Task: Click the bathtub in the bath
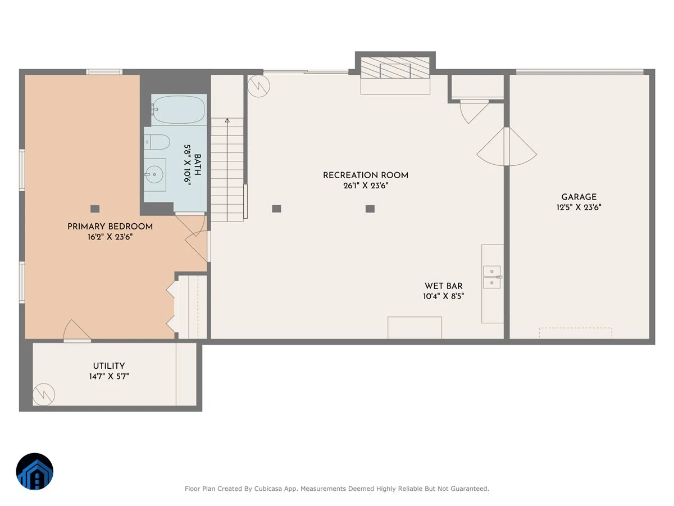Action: coord(179,110)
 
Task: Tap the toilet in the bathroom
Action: coord(157,142)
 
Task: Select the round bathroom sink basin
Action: coord(154,174)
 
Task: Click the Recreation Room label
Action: coord(366,175)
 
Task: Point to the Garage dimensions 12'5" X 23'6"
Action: coord(579,207)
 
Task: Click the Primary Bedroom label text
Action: coord(110,227)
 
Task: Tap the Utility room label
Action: coord(109,366)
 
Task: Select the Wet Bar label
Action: coord(443,286)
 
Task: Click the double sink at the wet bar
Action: coord(492,277)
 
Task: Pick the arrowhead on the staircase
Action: coord(227,120)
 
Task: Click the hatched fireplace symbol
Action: coord(395,67)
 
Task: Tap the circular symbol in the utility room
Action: coord(44,395)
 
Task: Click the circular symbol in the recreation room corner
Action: coord(258,86)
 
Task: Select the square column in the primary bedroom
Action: coord(95,209)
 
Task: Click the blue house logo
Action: coord(35,471)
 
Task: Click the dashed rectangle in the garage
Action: coord(576,333)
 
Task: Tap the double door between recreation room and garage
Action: coord(507,147)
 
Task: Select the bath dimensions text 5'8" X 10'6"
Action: coord(188,165)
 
